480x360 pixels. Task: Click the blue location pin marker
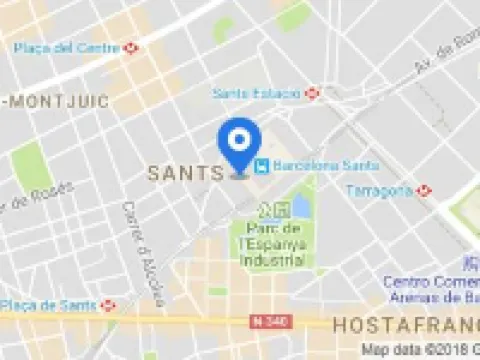(x=240, y=144)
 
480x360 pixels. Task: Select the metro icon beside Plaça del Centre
(x=132, y=47)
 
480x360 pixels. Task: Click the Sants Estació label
(x=256, y=93)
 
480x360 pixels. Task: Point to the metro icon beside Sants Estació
(x=312, y=93)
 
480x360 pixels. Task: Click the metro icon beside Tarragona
(x=425, y=190)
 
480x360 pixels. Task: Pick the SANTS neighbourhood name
(x=184, y=172)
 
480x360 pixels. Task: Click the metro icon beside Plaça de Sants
(x=107, y=304)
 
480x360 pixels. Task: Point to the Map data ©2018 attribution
(x=420, y=350)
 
